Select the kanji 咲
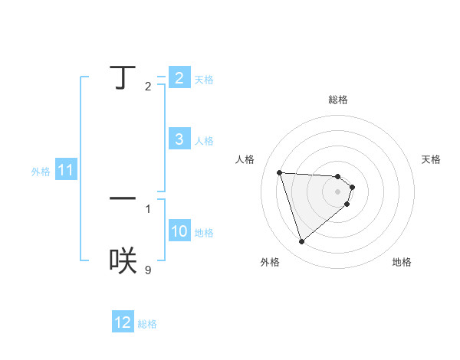pos(123,261)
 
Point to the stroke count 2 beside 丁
pos(148,86)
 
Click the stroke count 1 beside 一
pos(148,208)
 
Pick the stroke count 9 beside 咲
pos(148,270)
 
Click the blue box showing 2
pos(179,78)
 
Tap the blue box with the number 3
pos(179,139)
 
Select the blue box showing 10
pos(179,231)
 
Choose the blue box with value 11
pos(65,170)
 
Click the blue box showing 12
pos(123,322)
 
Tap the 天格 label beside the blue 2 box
pos(204,80)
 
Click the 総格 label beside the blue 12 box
pos(147,324)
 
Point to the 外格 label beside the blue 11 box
pos(41,172)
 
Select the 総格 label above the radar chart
pos(338,100)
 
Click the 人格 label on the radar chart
pos(245,159)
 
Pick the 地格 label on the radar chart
pos(402,263)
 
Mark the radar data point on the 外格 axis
pos(301,242)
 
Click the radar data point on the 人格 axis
pos(279,172)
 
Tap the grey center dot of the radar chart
pos(338,191)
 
